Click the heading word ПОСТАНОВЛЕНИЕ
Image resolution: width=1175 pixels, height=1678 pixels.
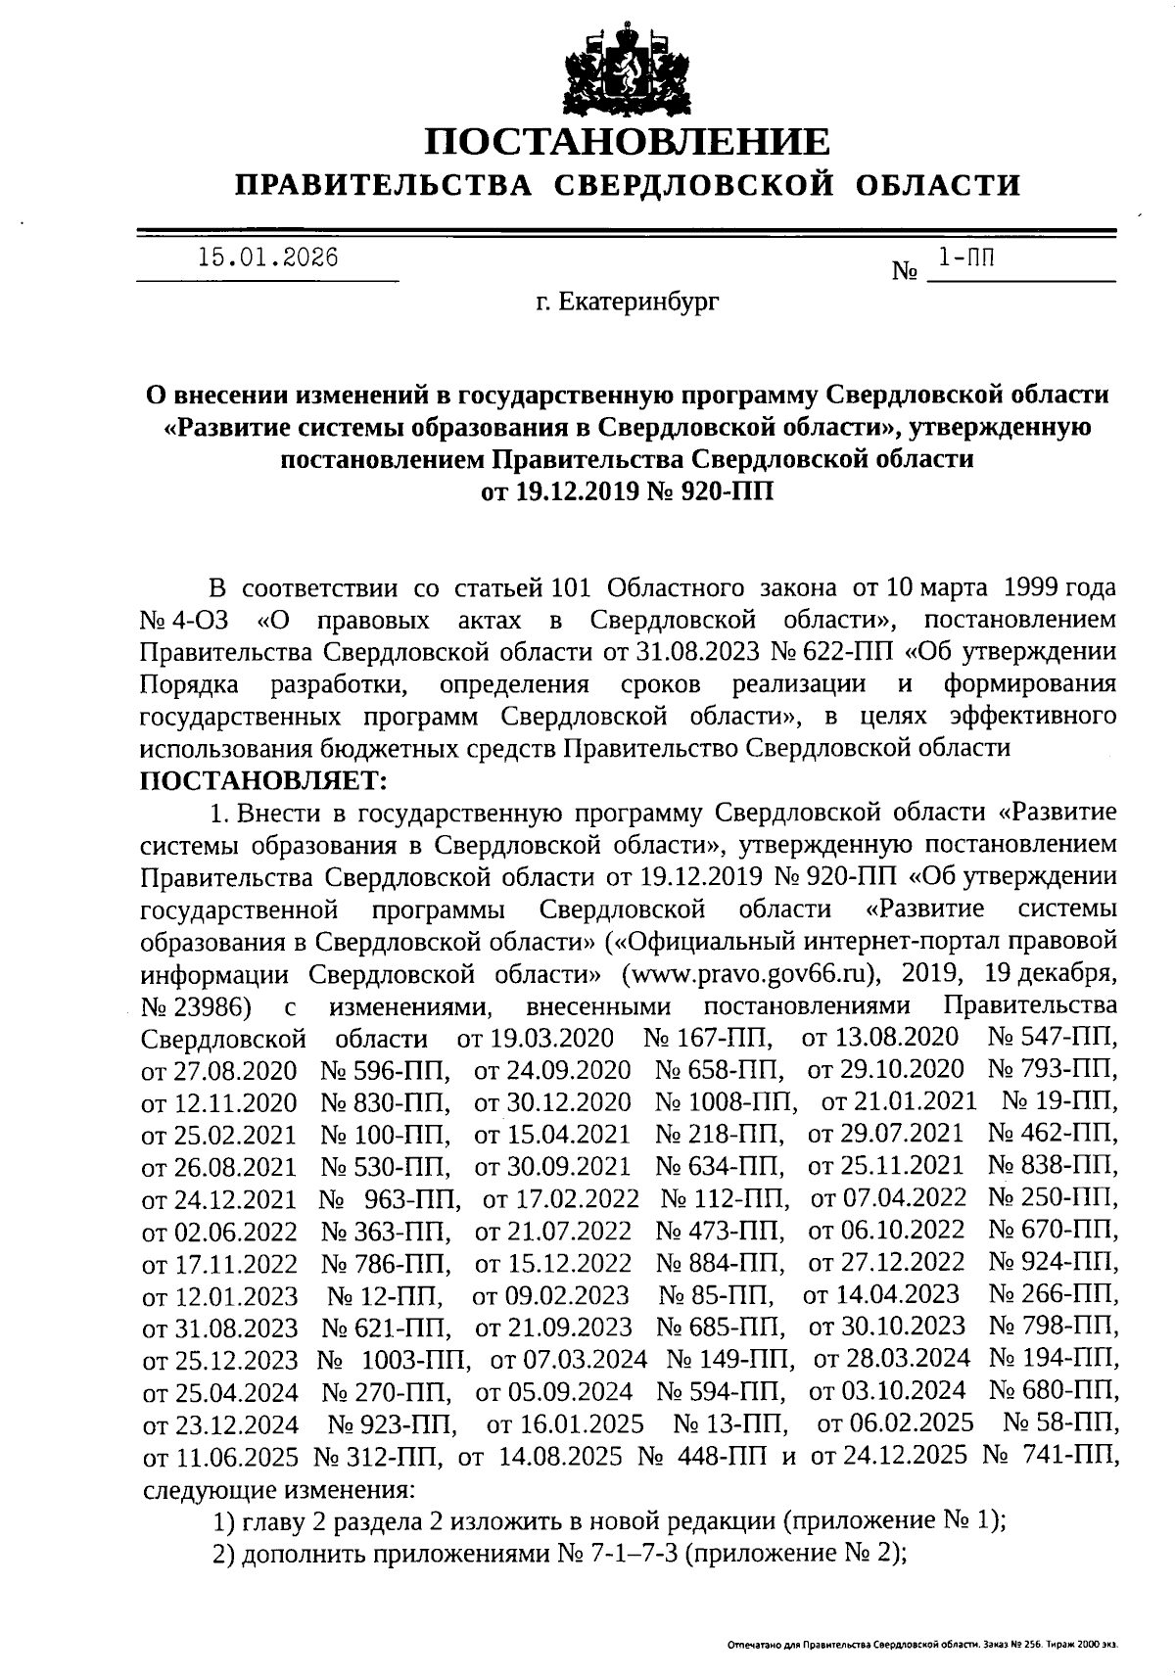(627, 142)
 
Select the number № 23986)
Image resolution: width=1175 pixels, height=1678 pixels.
(200, 1005)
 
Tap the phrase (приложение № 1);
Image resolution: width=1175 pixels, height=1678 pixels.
(895, 1520)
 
